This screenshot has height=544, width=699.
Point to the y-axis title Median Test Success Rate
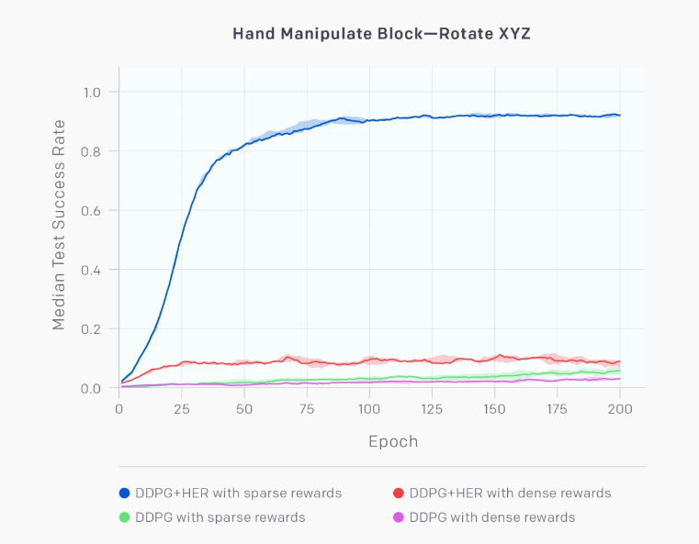[x=59, y=224]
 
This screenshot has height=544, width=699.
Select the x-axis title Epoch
[x=393, y=441]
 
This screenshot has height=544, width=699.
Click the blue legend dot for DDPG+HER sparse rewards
[x=125, y=494]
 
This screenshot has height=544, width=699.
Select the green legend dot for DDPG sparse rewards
[x=125, y=517]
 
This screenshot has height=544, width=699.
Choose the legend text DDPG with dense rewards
[x=492, y=517]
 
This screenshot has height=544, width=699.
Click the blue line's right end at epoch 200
[x=620, y=116]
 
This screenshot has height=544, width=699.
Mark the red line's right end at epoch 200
[x=620, y=362]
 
